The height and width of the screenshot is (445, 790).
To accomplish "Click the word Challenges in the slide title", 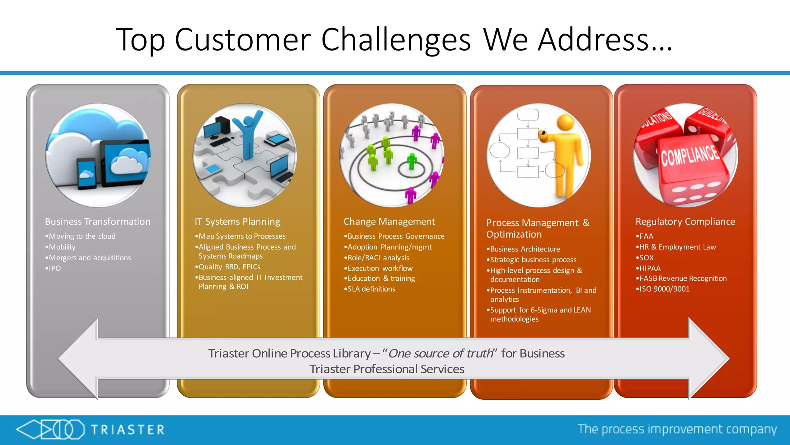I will pyautogui.click(x=396, y=40).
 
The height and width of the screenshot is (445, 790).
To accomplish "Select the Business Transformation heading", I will pyautogui.click(x=98, y=222).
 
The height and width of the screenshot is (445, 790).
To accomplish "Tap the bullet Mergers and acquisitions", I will pyautogui.click(x=90, y=258).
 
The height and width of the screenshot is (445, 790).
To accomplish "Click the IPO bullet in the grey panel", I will pyautogui.click(x=54, y=268).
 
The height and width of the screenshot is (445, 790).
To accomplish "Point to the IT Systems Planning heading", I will pyautogui.click(x=237, y=222).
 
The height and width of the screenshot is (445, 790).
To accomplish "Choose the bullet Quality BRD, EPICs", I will pyautogui.click(x=229, y=267).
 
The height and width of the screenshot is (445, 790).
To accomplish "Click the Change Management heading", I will pyautogui.click(x=389, y=222).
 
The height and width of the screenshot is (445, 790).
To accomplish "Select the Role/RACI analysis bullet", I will pyautogui.click(x=378, y=258).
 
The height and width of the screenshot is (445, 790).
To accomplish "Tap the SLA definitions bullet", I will pyautogui.click(x=371, y=289).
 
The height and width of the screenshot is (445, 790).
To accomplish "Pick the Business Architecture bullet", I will pyautogui.click(x=525, y=249).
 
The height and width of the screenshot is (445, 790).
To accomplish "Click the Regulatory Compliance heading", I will pyautogui.click(x=685, y=222).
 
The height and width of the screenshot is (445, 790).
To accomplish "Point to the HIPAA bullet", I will pyautogui.click(x=650, y=268).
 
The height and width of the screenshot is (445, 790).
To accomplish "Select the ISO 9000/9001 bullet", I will pyautogui.click(x=664, y=289).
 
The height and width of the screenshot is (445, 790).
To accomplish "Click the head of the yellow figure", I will pyautogui.click(x=565, y=123).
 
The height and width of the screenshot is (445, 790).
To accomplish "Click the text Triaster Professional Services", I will pyautogui.click(x=387, y=369).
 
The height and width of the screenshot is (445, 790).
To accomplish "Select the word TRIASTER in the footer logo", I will pyautogui.click(x=128, y=430).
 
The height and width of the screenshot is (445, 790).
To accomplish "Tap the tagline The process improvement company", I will pyautogui.click(x=677, y=429).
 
